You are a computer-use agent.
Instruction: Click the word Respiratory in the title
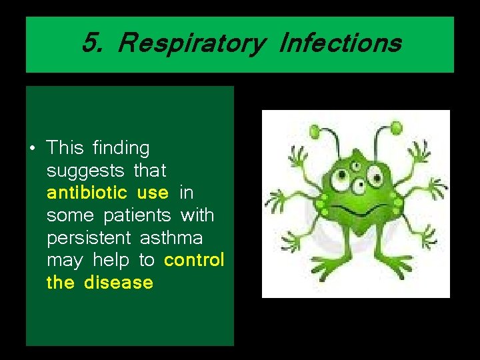[x=190, y=44]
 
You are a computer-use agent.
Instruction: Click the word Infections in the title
[x=340, y=44]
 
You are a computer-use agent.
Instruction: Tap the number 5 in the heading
[x=91, y=44]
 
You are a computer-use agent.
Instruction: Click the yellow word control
[x=194, y=260]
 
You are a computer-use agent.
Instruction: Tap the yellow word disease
[x=119, y=283]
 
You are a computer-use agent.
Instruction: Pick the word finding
[x=121, y=148]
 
